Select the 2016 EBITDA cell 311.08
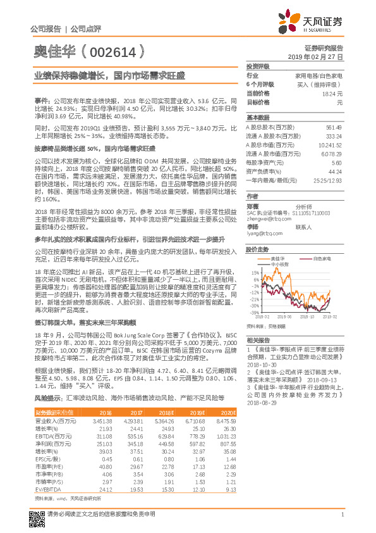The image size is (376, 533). coord(102,437)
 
